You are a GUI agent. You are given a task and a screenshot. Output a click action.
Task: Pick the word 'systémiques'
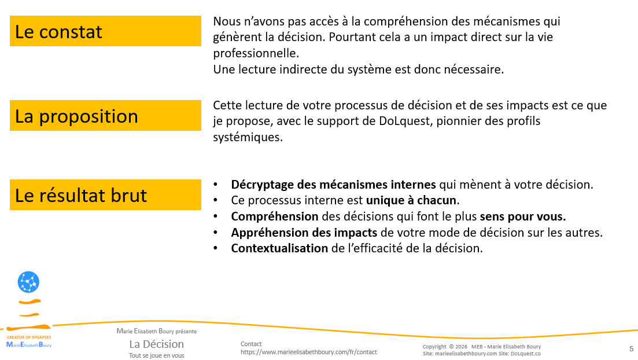tap(248, 138)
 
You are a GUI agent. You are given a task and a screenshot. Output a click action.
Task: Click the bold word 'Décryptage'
tap(259, 185)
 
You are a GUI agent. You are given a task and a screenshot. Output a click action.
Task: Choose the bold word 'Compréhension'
tap(275, 216)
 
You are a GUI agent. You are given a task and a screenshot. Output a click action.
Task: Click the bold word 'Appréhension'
tap(268, 232)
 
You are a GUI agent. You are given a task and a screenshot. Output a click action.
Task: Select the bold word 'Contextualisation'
tap(279, 248)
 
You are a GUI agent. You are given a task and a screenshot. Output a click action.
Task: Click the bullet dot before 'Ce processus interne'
tap(216, 200)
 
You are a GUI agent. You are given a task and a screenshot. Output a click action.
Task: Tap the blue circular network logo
tap(28, 282)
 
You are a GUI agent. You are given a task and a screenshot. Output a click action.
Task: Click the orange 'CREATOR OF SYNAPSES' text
tap(29, 337)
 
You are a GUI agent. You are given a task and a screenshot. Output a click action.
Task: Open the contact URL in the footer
tap(308, 352)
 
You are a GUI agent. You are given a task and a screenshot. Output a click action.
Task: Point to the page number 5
tap(631, 348)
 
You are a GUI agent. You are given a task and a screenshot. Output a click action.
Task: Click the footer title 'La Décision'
tap(156, 344)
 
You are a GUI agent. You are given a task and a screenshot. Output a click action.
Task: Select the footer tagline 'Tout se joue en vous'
tap(156, 355)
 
